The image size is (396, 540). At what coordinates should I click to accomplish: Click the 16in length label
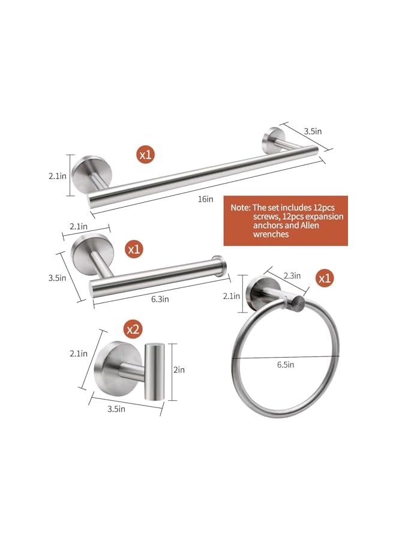pos(206,199)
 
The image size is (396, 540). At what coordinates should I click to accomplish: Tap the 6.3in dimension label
pos(159,298)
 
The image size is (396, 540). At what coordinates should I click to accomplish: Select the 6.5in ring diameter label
pos(285,364)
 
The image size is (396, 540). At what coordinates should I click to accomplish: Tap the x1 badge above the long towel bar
pos(146,154)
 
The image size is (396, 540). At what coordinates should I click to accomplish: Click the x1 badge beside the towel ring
pos(325,279)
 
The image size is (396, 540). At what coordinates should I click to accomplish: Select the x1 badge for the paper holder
pos(133,248)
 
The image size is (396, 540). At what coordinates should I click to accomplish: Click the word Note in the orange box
pos(239,206)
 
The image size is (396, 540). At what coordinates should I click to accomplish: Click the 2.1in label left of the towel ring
pos(232,295)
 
